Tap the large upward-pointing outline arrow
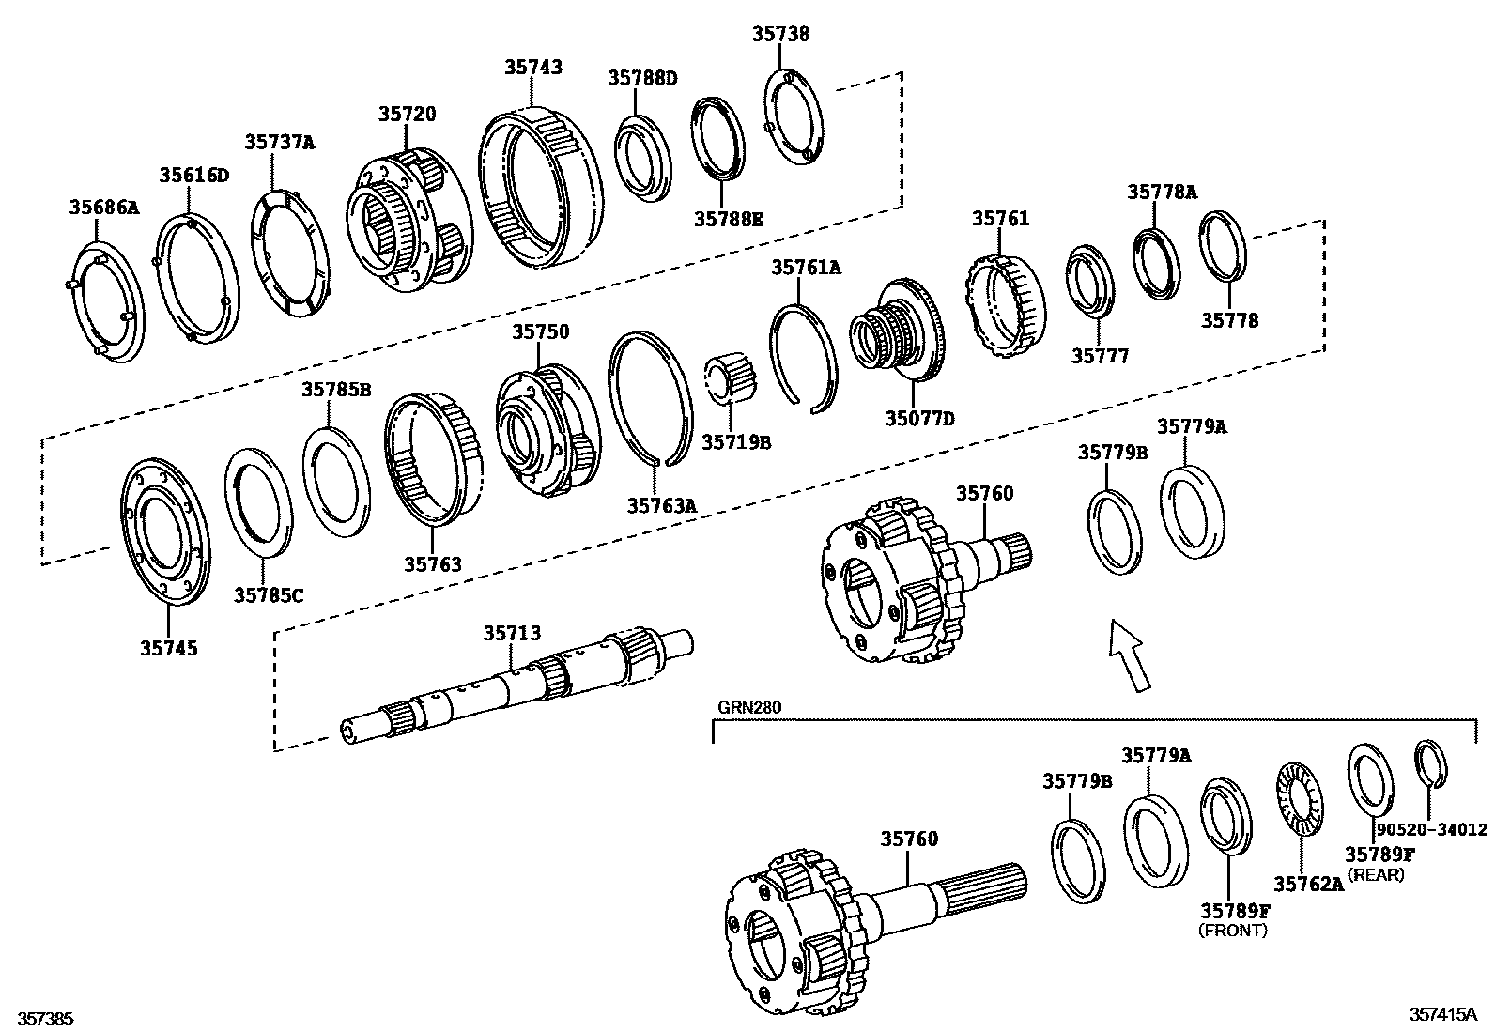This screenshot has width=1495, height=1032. (x=1130, y=655)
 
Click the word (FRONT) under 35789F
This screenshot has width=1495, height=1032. (x=1233, y=931)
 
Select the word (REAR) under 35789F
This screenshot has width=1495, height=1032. (x=1376, y=875)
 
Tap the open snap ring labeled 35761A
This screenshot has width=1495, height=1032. (x=804, y=355)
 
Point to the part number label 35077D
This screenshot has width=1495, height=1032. (x=919, y=419)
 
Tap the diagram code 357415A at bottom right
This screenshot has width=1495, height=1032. (x=1442, y=1015)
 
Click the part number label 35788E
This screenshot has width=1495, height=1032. (x=728, y=220)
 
